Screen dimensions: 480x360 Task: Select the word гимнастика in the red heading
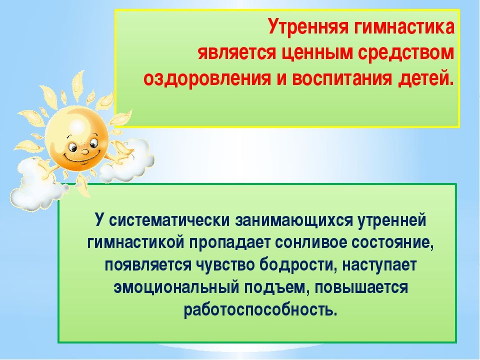click(x=404, y=26)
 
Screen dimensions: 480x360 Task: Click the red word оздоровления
click(x=207, y=79)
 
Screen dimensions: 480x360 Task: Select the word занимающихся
click(x=294, y=220)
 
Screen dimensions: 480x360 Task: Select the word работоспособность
click(x=260, y=310)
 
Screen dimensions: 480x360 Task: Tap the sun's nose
click(x=85, y=150)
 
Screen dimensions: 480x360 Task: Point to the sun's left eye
click(x=72, y=147)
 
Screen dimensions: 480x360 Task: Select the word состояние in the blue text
click(x=393, y=243)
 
